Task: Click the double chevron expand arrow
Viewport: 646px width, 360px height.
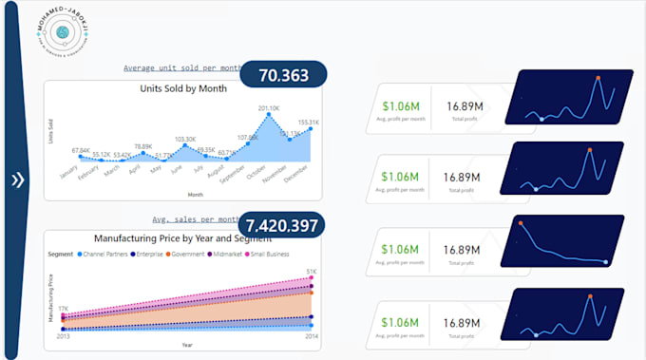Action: pyautogui.click(x=17, y=180)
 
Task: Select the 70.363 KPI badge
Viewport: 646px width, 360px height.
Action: pyautogui.click(x=283, y=75)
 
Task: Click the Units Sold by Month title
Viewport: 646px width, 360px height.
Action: pyautogui.click(x=183, y=90)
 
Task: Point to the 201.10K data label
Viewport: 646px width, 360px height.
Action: pyautogui.click(x=269, y=108)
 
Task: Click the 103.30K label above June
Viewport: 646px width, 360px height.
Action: pyautogui.click(x=185, y=139)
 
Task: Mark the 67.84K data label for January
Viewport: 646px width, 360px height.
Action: pyautogui.click(x=80, y=150)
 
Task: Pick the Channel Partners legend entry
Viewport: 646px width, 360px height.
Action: pyautogui.click(x=108, y=254)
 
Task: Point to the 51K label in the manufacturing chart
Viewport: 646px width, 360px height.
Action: pyautogui.click(x=311, y=272)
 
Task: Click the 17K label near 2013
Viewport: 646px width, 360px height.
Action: pyautogui.click(x=63, y=309)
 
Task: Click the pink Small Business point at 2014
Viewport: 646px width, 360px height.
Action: pyautogui.click(x=310, y=279)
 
